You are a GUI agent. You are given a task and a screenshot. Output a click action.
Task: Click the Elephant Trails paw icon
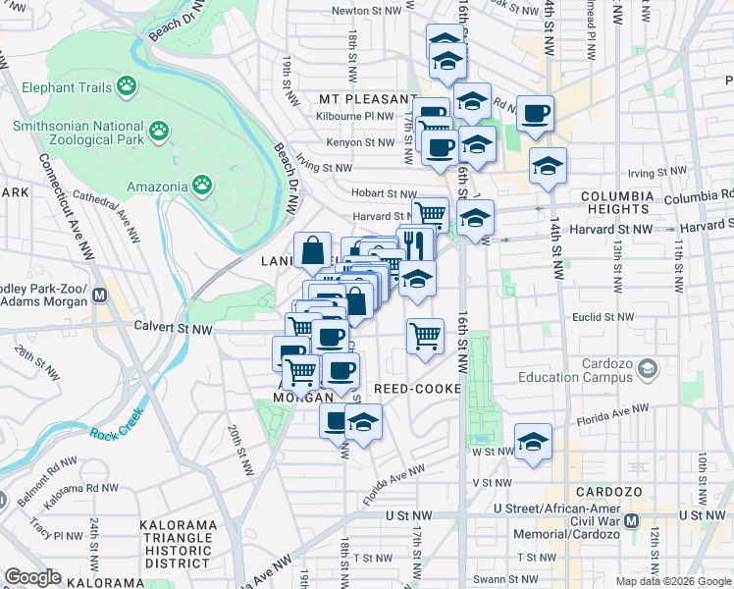pyautogui.click(x=127, y=87)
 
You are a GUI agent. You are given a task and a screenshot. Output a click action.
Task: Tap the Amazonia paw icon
pyautogui.click(x=202, y=185)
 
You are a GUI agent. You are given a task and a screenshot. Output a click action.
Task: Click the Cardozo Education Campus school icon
pyautogui.click(x=646, y=369)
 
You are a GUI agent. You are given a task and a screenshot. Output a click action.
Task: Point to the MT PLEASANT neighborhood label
pyautogui.click(x=368, y=99)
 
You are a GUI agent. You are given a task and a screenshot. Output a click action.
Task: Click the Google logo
pyautogui.click(x=32, y=577)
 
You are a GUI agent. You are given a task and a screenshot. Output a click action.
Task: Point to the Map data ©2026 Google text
pyautogui.click(x=672, y=581)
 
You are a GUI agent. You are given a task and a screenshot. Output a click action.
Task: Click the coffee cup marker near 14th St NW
pyautogui.click(x=535, y=114)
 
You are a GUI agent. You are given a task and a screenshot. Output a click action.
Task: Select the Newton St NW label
pyautogui.click(x=366, y=11)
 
